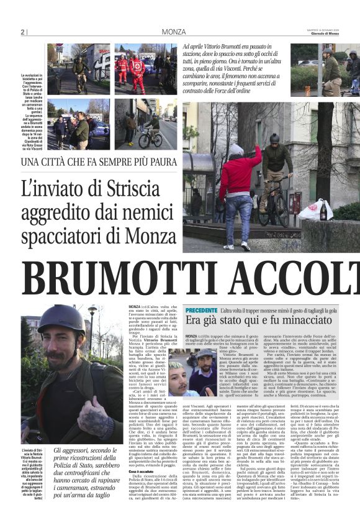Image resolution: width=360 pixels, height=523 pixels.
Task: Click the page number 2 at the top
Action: point(23,32)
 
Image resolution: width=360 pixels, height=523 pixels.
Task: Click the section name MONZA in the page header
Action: point(173,32)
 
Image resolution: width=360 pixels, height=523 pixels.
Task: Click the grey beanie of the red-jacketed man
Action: point(236,150)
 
